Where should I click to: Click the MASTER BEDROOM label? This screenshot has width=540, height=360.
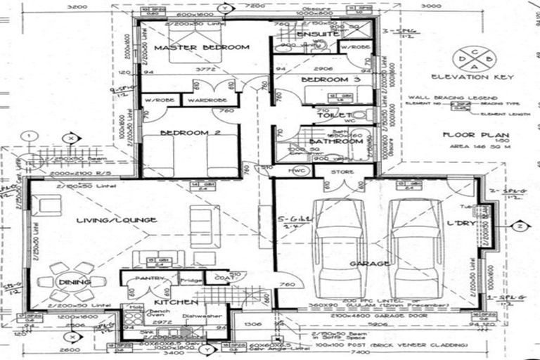(202, 48)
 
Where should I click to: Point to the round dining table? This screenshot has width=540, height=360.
(74, 281)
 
